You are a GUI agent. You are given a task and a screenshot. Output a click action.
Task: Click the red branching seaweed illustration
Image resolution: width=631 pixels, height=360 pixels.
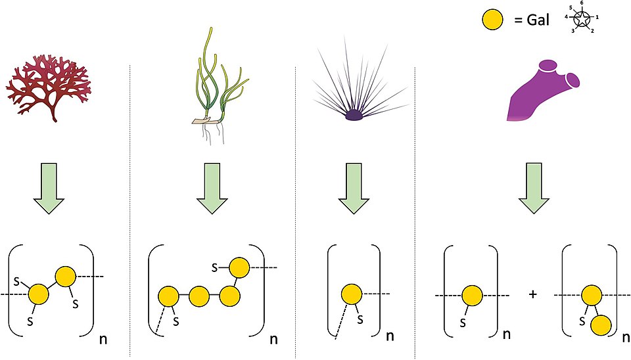(48, 87)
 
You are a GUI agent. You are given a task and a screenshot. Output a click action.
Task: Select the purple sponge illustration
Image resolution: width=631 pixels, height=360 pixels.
(544, 90)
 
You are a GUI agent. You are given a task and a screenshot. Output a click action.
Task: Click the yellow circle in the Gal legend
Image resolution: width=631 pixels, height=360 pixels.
(492, 20)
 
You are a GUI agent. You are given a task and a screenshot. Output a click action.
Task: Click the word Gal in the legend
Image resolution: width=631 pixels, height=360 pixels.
(538, 19)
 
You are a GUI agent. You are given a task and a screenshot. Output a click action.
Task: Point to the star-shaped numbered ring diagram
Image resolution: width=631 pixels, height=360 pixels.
(582, 18)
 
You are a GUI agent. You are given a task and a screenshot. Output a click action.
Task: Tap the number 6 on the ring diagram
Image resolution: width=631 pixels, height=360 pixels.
(582, 3)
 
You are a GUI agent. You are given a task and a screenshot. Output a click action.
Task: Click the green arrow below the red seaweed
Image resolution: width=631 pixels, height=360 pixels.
(49, 189)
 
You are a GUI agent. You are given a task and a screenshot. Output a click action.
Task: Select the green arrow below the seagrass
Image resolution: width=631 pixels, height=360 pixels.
(212, 189)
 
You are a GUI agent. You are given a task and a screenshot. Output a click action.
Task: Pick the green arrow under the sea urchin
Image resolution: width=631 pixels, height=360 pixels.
(354, 189)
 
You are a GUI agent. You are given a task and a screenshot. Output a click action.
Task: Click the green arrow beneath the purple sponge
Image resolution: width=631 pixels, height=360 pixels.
(534, 189)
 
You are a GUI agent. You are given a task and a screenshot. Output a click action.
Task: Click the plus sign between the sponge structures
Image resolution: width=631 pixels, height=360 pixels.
(533, 294)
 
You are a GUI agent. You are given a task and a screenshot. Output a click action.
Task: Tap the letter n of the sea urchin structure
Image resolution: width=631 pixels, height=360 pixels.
(390, 336)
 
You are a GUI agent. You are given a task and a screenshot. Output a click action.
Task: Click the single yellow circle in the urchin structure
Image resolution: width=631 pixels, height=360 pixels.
(352, 294)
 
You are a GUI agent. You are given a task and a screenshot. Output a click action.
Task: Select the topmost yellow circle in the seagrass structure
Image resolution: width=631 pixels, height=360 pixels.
(239, 268)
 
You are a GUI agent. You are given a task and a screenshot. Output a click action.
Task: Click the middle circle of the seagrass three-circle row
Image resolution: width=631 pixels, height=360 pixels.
(199, 297)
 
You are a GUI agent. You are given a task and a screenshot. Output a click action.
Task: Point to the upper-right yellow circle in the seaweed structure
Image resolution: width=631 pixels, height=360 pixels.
(65, 277)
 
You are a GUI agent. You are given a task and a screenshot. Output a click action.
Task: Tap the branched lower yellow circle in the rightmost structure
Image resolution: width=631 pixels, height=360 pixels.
(601, 325)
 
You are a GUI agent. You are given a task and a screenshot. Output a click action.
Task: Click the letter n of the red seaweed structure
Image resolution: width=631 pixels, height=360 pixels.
(103, 340)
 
